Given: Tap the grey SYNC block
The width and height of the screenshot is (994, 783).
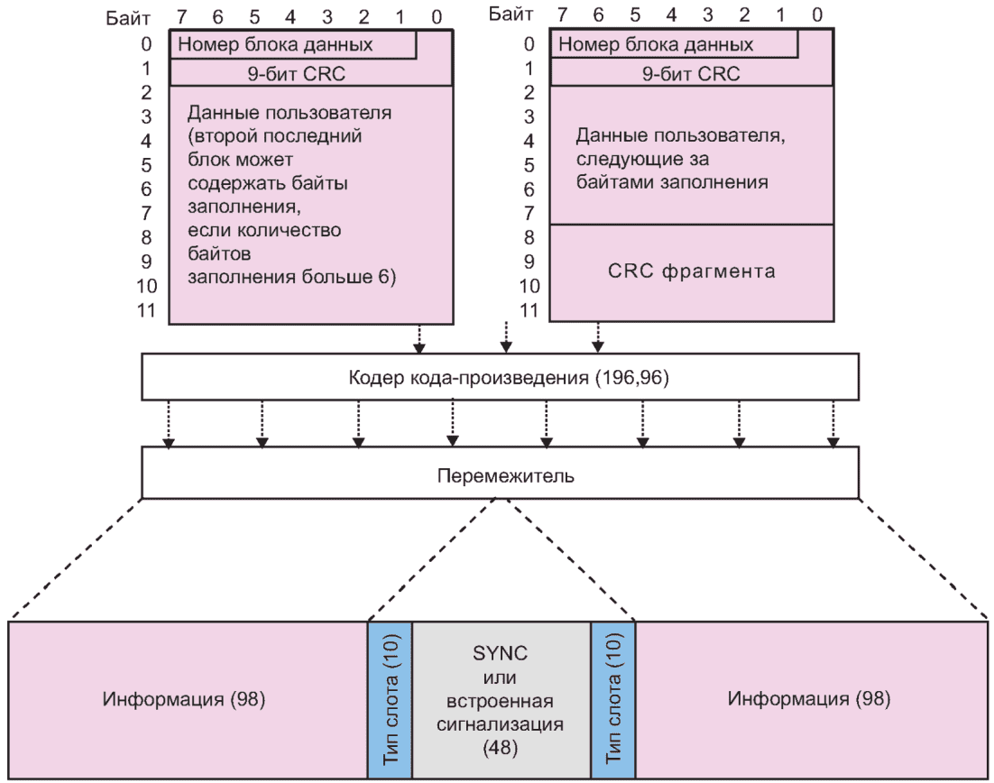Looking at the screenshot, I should [502, 699].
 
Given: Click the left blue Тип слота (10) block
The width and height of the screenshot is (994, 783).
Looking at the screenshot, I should [391, 699].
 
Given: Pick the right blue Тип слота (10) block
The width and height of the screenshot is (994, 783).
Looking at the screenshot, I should [613, 699].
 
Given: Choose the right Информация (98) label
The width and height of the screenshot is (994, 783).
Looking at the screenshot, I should [810, 699].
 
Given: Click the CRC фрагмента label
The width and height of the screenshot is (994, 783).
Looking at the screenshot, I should [691, 271].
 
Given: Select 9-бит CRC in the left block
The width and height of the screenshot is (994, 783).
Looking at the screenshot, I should [310, 73].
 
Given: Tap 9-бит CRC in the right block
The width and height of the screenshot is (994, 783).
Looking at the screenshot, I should [691, 73].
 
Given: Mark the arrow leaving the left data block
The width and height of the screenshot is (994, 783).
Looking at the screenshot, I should [418, 337].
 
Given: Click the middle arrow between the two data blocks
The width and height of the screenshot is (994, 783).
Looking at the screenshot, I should [505, 337].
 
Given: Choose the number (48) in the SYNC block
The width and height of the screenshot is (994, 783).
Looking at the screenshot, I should [502, 746].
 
